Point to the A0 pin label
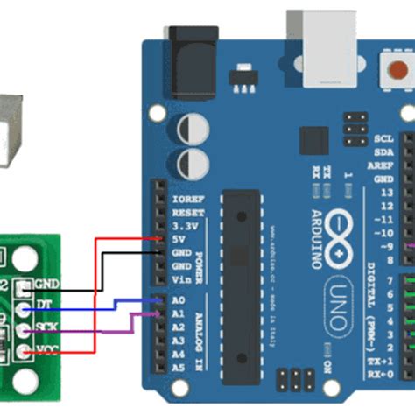pyautogui.click(x=179, y=299)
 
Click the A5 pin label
pyautogui.click(x=179, y=369)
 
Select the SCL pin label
pyautogui.click(x=383, y=138)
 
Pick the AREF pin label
pyautogui.click(x=383, y=165)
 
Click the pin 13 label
pyautogui.click(x=386, y=193)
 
